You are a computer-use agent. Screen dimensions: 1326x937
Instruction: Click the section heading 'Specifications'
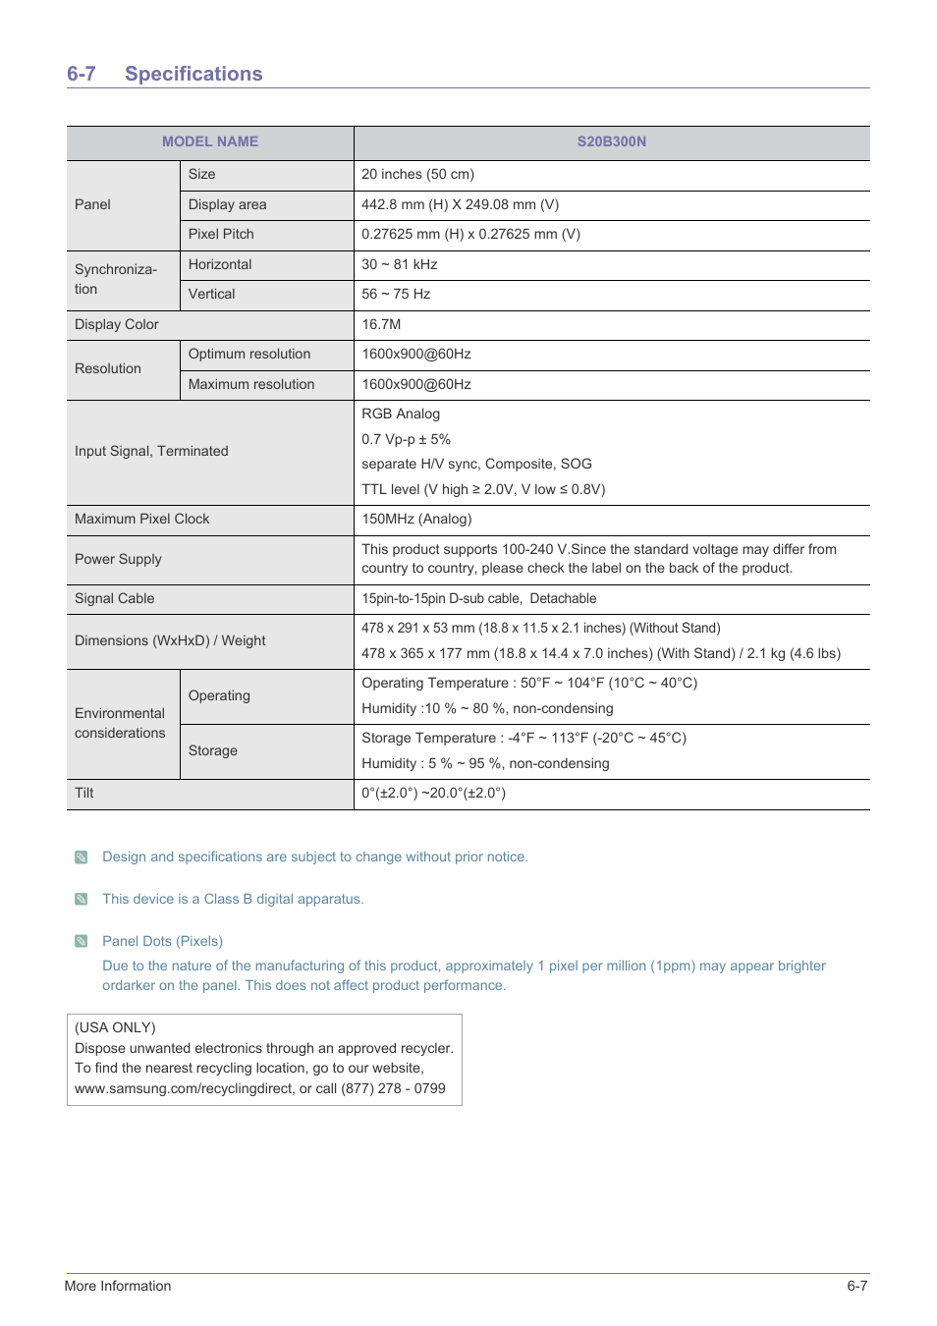pyautogui.click(x=193, y=74)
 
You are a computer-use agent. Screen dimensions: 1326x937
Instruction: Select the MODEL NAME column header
pyautogui.click(x=210, y=141)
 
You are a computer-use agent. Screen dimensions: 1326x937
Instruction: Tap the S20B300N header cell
pyautogui.click(x=611, y=141)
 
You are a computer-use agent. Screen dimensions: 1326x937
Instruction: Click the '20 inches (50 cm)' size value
pyautogui.click(x=417, y=174)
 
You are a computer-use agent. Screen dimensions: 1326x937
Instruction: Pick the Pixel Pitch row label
pyautogui.click(x=221, y=234)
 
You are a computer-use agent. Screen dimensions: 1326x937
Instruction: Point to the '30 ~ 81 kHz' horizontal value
pyautogui.click(x=399, y=264)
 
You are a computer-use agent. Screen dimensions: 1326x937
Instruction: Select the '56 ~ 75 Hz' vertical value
pyautogui.click(x=396, y=294)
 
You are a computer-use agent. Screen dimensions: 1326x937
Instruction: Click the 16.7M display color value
pyautogui.click(x=381, y=324)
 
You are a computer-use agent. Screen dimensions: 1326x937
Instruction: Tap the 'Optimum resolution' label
pyautogui.click(x=249, y=354)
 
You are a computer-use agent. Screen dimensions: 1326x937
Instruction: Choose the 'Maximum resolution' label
pyautogui.click(x=251, y=384)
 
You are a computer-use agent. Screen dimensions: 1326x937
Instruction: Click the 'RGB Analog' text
pyautogui.click(x=401, y=414)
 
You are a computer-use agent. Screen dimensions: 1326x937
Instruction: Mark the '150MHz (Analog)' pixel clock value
pyautogui.click(x=416, y=519)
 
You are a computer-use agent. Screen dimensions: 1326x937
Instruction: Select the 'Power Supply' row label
pyautogui.click(x=118, y=559)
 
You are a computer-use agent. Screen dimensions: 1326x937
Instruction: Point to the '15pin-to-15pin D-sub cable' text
pyautogui.click(x=441, y=598)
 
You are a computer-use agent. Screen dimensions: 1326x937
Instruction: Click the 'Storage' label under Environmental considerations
pyautogui.click(x=213, y=750)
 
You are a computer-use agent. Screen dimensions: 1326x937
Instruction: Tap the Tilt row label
pyautogui.click(x=84, y=793)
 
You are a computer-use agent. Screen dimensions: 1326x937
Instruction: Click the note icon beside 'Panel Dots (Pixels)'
pyautogui.click(x=82, y=941)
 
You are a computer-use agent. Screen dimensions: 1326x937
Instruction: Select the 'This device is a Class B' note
pyautogui.click(x=233, y=899)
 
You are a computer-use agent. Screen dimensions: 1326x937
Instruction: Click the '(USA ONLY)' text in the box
pyautogui.click(x=115, y=1027)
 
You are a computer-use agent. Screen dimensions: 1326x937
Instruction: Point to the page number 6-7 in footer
pyautogui.click(x=856, y=1286)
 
